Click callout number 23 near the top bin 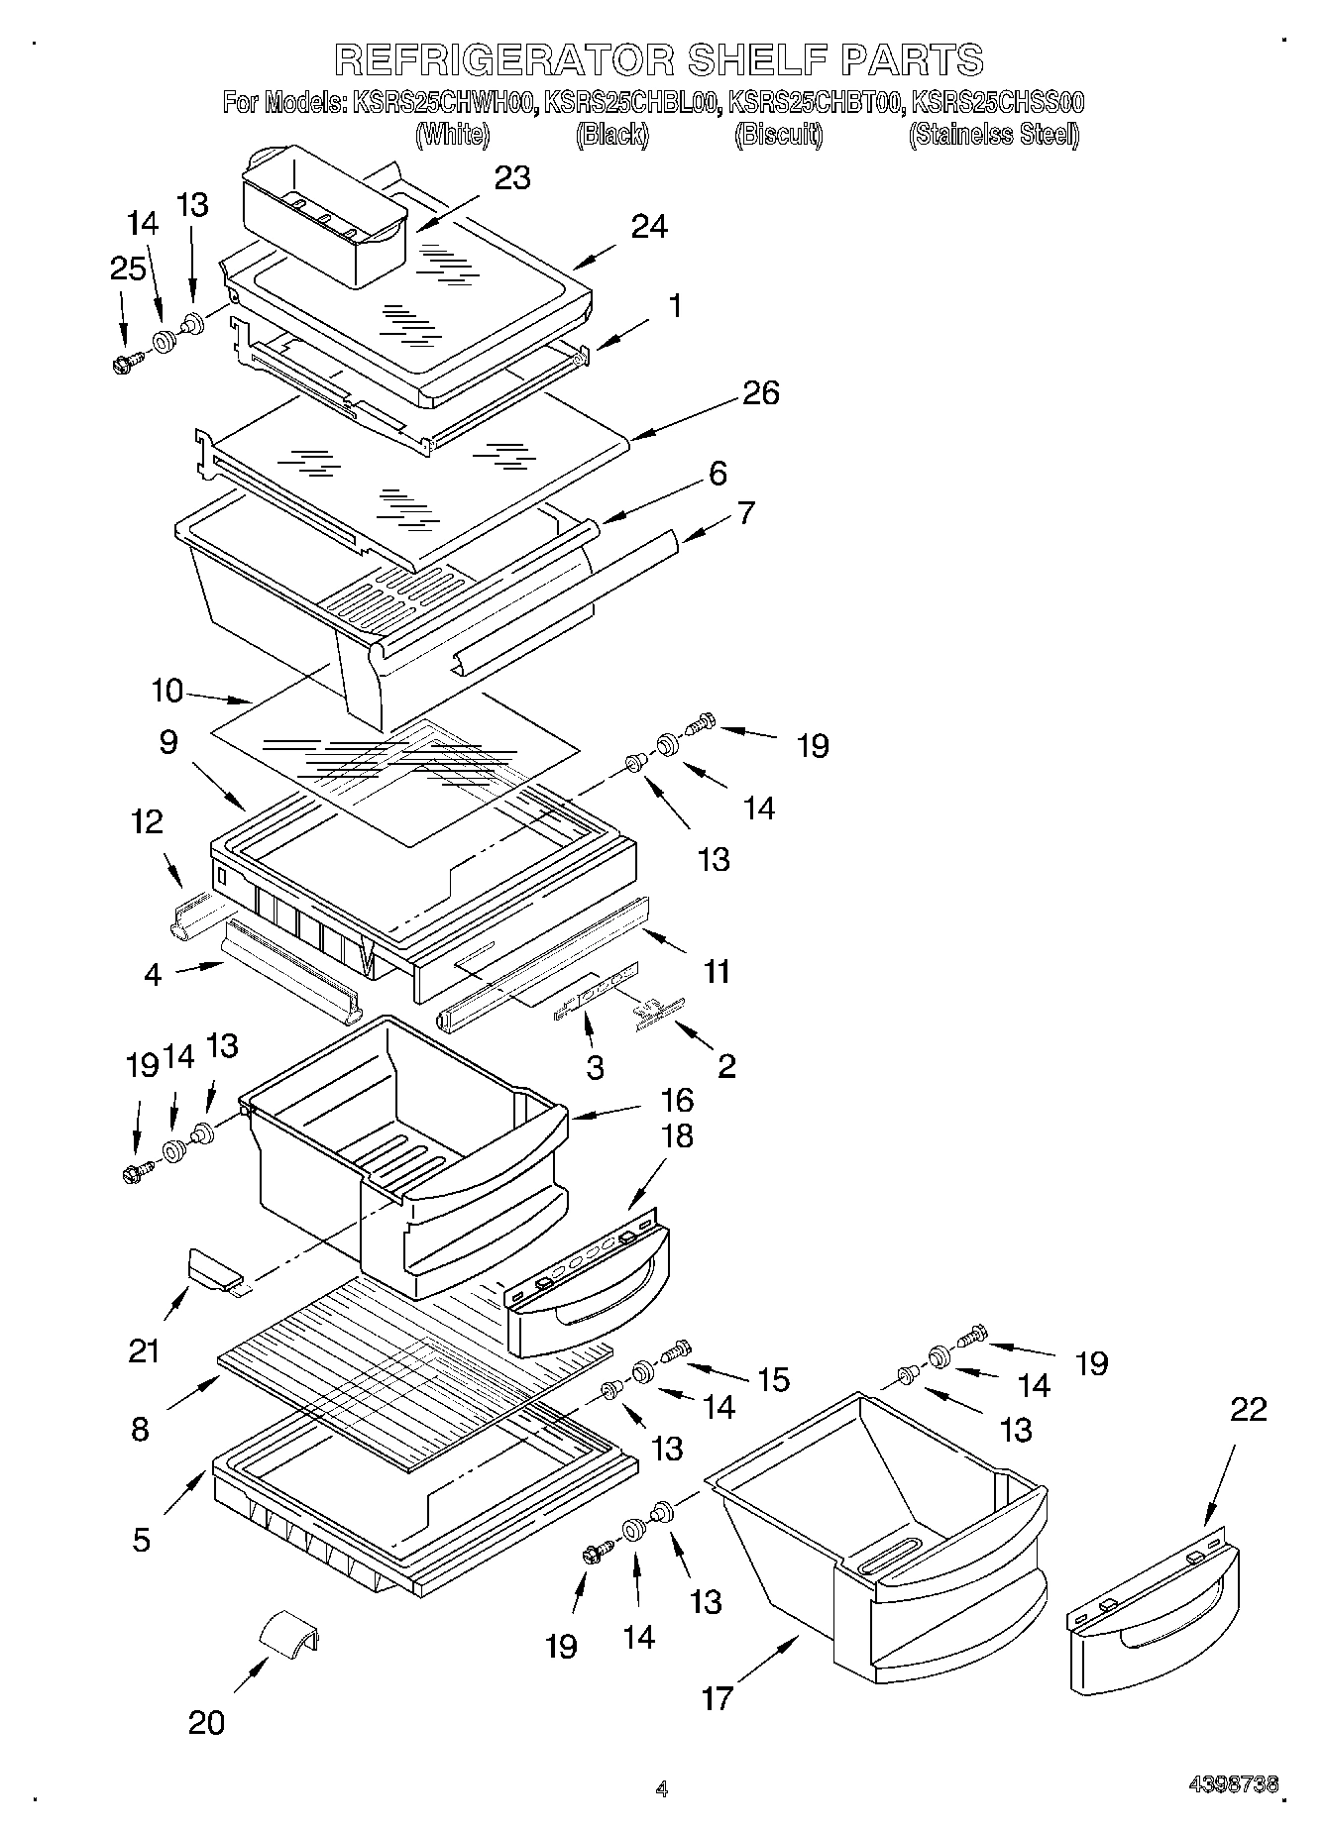coord(512,178)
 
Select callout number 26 coord(759,393)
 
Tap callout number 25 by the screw coord(128,269)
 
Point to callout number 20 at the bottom coord(206,1723)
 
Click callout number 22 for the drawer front coord(1248,1409)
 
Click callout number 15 coord(773,1378)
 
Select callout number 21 coord(144,1349)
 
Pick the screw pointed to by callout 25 coord(128,364)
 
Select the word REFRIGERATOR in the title coord(503,59)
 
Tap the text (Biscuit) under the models coord(778,134)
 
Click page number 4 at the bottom coord(662,1788)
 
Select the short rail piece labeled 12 coord(188,914)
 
